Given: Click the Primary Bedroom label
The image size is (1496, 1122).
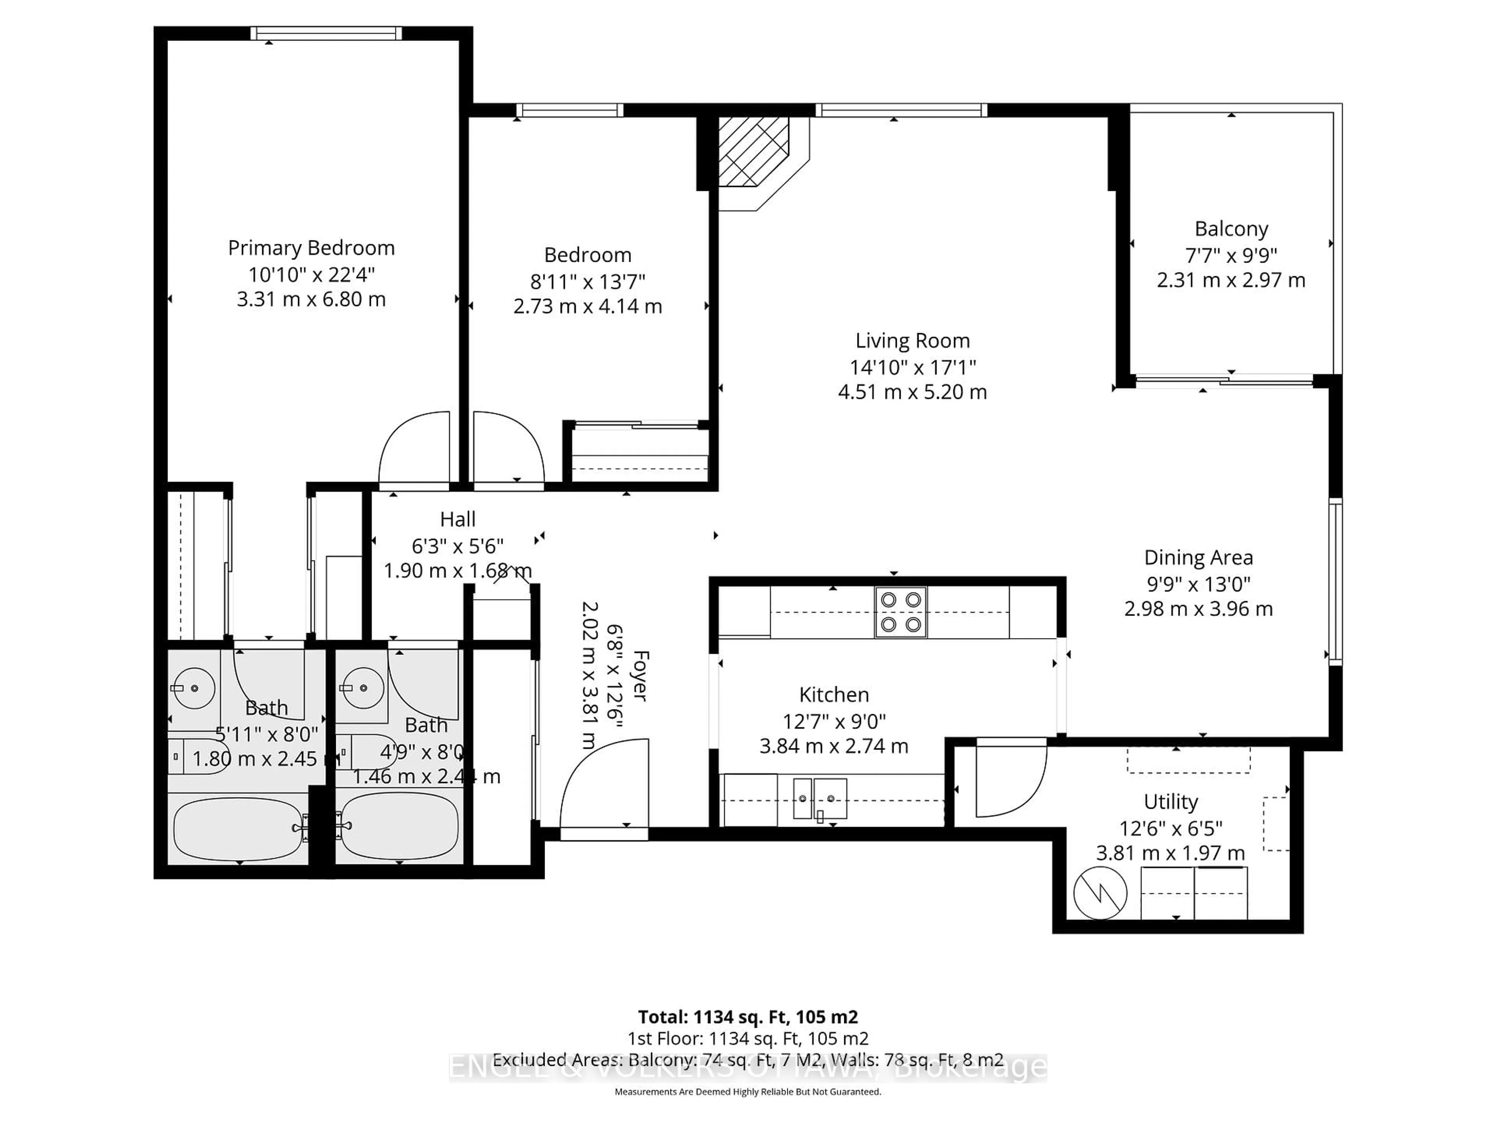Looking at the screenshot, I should pyautogui.click(x=311, y=248).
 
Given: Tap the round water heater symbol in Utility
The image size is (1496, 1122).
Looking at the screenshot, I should pyautogui.click(x=1100, y=893).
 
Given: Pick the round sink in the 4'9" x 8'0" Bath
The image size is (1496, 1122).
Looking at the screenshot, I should pyautogui.click(x=363, y=688).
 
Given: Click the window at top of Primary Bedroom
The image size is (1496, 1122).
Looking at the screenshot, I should pyautogui.click(x=326, y=33).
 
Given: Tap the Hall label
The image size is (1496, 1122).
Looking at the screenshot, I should pyautogui.click(x=458, y=519).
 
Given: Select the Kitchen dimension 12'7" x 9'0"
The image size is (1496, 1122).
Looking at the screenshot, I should pyautogui.click(x=833, y=721).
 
